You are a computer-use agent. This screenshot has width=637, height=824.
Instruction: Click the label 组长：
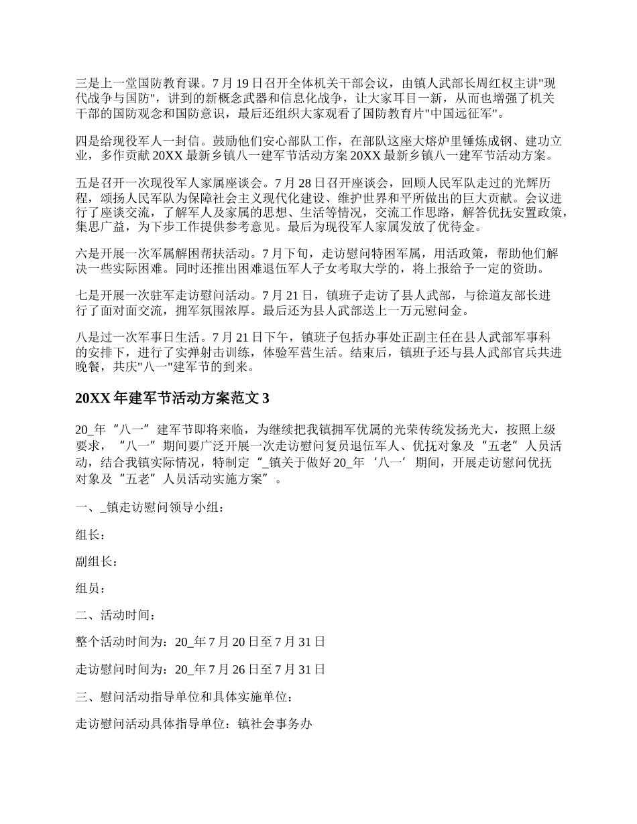(91, 535)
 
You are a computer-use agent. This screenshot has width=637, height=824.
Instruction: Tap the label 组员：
(91, 589)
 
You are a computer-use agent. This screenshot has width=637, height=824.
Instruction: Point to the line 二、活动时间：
(118, 616)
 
